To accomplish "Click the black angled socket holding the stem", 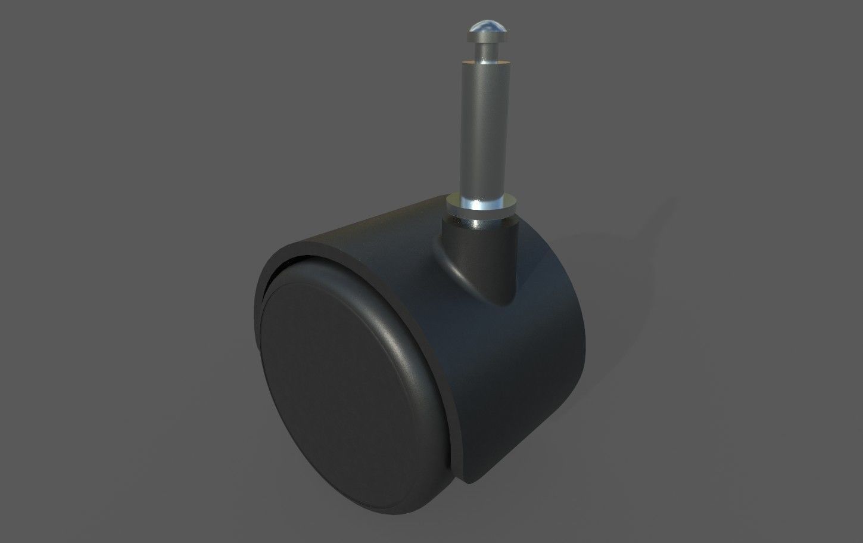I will click(x=476, y=250).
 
